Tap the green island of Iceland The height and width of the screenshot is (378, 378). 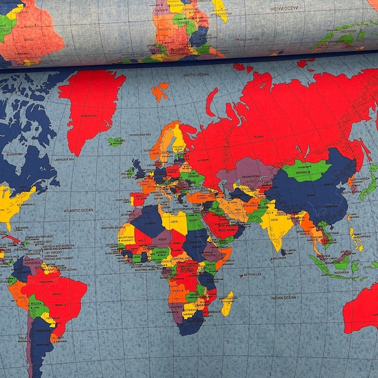[x=115, y=142]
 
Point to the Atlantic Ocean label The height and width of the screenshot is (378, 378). [x=78, y=210]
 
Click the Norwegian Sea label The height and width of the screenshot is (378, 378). [x=140, y=134]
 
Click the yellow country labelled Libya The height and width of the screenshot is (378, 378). [x=175, y=221]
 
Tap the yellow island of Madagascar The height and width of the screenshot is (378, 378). [x=227, y=303]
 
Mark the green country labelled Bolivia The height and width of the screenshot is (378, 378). [x=37, y=309]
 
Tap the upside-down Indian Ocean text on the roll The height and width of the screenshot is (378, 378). [x=283, y=8]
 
